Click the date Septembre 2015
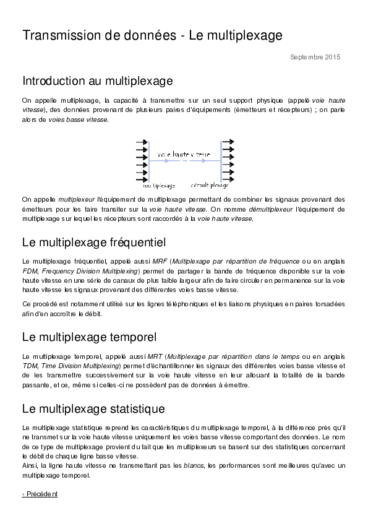[x=315, y=58]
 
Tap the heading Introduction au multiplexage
[x=97, y=81]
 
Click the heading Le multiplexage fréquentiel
[x=93, y=241]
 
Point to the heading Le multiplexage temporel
[x=89, y=337]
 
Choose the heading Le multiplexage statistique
[x=93, y=408]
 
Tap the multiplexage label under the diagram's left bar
[x=159, y=185]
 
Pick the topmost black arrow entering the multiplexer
[x=142, y=142]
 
